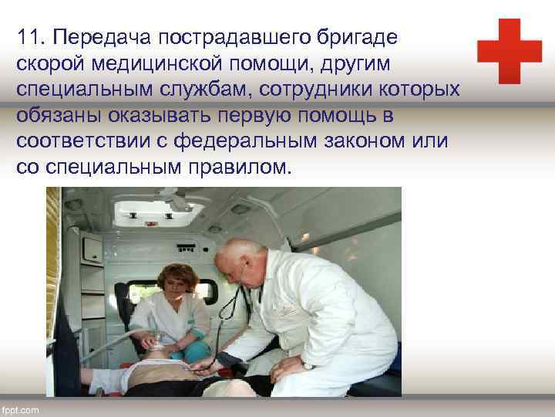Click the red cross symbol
point(509,51)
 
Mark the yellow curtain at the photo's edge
point(52,255)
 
